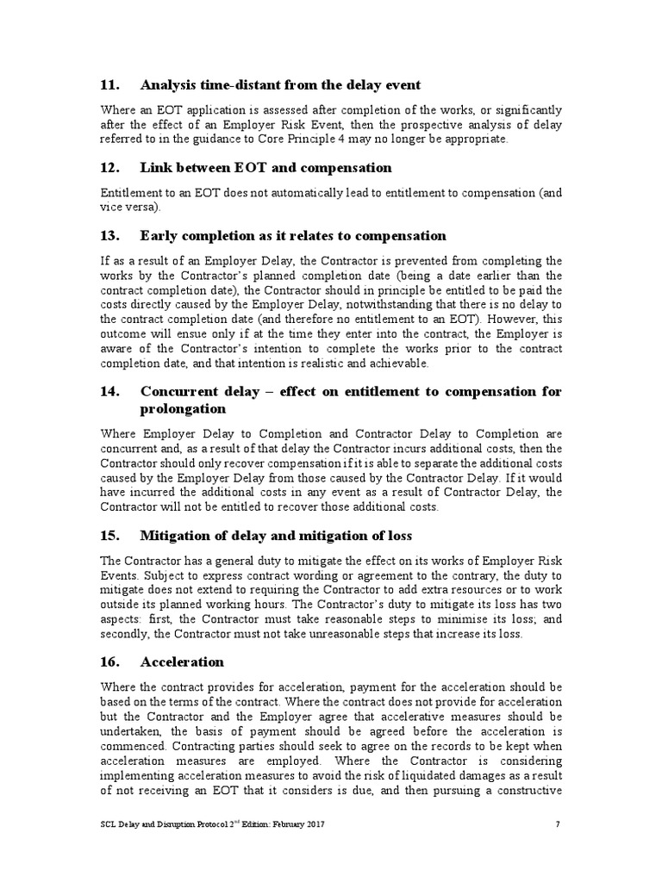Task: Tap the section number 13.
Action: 110,235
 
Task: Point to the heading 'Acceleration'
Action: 182,661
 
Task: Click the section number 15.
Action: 110,536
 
